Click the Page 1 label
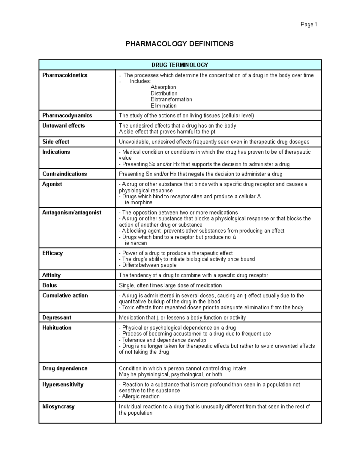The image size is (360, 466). tap(309, 25)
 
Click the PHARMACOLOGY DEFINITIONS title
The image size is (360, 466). tap(179, 44)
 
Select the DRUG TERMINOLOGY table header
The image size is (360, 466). tap(180, 65)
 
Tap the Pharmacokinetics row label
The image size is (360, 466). tap(65, 75)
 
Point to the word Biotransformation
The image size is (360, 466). tap(171, 99)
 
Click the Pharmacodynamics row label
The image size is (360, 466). tap(67, 116)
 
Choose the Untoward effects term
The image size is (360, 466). tap(64, 126)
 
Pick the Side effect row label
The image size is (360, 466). tap(56, 142)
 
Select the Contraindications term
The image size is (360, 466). tap(64, 174)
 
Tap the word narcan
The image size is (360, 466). tap(139, 243)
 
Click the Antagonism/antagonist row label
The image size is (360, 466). tap(72, 212)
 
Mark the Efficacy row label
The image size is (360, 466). tap(52, 253)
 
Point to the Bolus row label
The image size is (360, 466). tap(49, 285)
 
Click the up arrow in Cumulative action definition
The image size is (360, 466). tap(245, 296)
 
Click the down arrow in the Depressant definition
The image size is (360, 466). tap(158, 318)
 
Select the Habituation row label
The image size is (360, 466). tap(57, 328)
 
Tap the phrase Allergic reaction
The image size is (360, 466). tap(141, 396)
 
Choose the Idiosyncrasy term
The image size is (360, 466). tap(58, 407)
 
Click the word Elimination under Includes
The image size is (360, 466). tap(163, 106)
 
